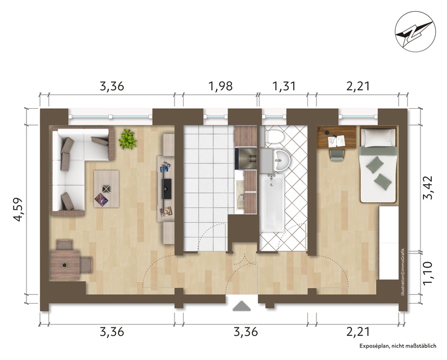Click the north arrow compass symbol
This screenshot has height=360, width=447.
415,32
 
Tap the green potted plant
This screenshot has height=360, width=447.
127,139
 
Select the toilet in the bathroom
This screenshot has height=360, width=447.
274,136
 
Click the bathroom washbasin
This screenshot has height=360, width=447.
281,161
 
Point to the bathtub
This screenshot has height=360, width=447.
272,203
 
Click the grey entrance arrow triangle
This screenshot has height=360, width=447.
242,306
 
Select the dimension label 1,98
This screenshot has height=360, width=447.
221,86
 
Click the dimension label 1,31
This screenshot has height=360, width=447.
284,86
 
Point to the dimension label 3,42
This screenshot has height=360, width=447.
428,188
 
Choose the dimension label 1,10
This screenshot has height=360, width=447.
428,273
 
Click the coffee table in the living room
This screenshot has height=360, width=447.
106,189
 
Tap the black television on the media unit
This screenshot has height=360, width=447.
166,189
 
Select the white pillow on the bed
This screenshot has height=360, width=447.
378,137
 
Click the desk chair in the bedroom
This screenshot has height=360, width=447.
336,154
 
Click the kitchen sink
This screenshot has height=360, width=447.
240,192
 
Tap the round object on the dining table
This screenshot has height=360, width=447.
65,265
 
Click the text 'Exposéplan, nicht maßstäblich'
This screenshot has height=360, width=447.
397,346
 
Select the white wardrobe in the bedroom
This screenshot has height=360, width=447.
388,243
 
